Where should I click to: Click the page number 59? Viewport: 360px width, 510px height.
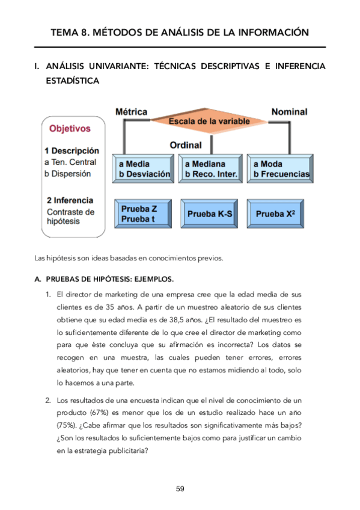point(180,488)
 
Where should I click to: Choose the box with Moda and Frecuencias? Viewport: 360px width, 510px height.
point(281,169)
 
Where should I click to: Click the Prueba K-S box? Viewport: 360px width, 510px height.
point(210,214)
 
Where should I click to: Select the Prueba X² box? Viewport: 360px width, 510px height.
point(279,214)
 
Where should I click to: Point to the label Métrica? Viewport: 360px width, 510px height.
point(131,112)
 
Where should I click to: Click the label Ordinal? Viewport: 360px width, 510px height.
point(185,146)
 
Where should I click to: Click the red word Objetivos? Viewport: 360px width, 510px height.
point(70,128)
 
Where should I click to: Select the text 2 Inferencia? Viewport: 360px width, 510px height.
point(69,200)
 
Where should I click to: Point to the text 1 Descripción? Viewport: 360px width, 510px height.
point(72,150)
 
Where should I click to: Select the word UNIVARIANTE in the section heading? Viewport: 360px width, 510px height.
point(119,66)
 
